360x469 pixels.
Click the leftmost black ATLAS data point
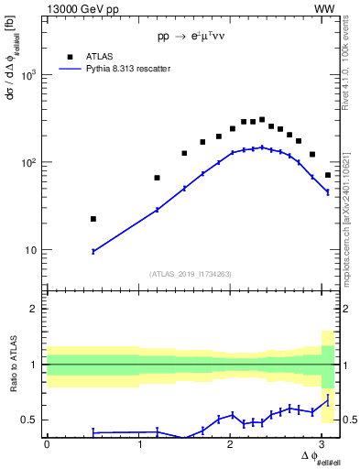click(93, 219)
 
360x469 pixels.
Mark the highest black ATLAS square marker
click(262, 119)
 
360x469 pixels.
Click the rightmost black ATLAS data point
click(328, 175)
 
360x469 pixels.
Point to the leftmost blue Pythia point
click(93, 251)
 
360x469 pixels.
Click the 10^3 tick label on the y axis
click(28, 75)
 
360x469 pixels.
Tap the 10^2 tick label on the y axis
click(28, 163)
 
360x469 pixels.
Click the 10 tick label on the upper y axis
click(32, 250)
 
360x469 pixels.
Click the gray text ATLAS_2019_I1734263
click(190, 273)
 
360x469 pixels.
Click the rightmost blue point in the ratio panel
click(328, 399)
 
